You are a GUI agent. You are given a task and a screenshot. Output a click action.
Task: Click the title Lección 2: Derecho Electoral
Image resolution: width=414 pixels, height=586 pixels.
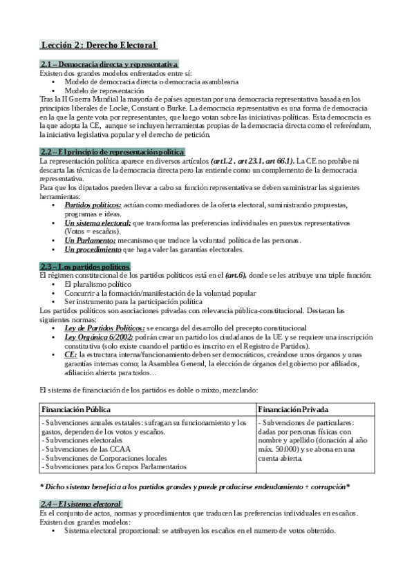[x=99, y=46]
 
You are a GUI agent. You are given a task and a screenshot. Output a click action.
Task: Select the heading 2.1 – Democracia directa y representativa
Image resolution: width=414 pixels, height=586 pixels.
[x=109, y=64]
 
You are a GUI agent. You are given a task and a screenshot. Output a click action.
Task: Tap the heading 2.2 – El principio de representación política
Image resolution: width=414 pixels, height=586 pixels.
[x=112, y=151]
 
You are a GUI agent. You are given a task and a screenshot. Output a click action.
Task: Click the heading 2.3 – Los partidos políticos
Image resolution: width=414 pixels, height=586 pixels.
[x=85, y=266]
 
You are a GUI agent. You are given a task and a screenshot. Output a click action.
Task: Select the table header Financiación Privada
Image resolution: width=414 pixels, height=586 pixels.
[x=294, y=410]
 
